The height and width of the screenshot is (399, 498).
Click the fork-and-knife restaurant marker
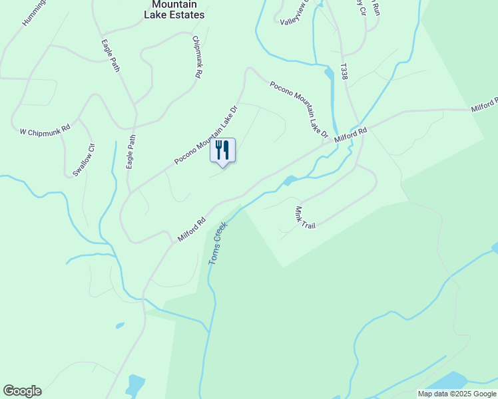pos(223,150)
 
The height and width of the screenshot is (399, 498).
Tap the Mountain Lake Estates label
pos(174,9)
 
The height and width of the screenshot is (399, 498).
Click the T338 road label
pos(344,72)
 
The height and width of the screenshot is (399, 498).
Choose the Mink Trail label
pos(304,217)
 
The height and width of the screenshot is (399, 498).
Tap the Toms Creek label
pos(218,243)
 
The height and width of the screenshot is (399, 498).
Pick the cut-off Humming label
pos(33,13)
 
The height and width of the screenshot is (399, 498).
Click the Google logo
pos(22,391)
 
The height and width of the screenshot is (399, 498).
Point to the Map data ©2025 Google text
pos(456,394)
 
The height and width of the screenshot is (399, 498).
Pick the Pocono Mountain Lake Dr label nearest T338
pos(299,109)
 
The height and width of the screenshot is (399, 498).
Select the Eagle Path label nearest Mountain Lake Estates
pos(110,55)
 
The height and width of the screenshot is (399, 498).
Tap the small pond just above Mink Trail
pos(290,180)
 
